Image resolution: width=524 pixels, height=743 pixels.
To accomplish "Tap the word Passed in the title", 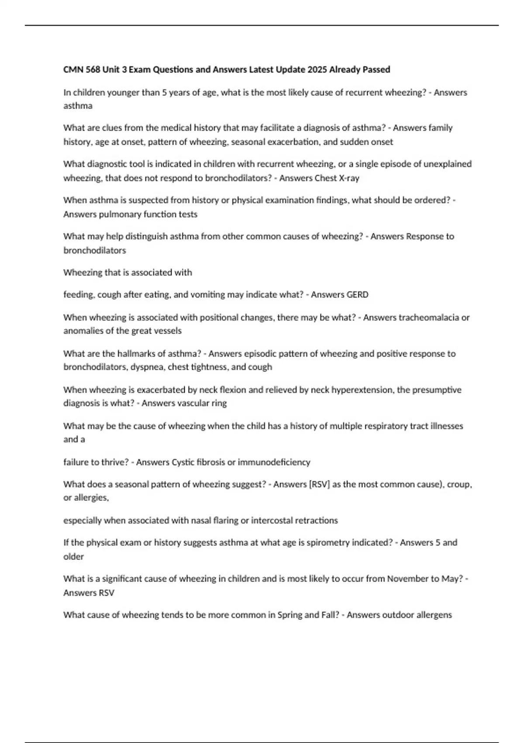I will pyautogui.click(x=376, y=69).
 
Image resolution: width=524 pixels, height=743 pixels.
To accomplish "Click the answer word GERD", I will pyautogui.click(x=357, y=295).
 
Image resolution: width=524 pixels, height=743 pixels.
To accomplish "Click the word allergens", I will pyautogui.click(x=433, y=615).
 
